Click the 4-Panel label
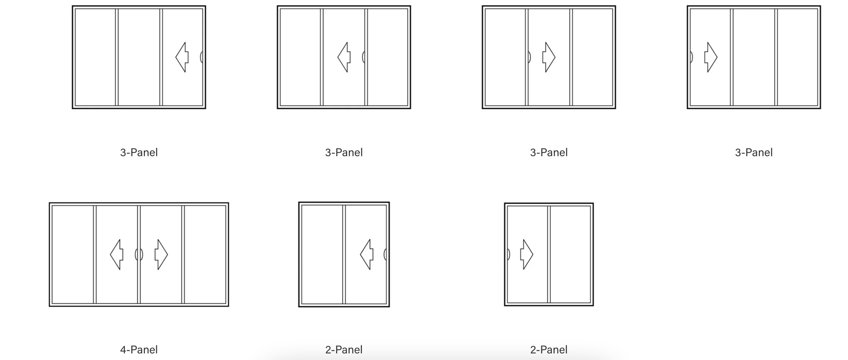(x=139, y=350)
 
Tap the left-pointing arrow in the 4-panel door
(x=117, y=254)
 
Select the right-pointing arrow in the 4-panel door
(x=161, y=254)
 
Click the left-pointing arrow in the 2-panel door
(x=367, y=254)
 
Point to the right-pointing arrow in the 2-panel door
(x=527, y=254)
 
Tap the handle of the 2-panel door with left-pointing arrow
(x=385, y=254)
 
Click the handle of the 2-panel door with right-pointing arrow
(x=508, y=254)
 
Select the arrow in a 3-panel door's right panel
(x=182, y=57)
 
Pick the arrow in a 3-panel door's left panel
(x=711, y=57)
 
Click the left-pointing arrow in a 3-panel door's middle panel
(x=344, y=57)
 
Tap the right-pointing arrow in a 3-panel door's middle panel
(x=549, y=57)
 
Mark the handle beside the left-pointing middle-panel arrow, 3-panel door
(x=363, y=57)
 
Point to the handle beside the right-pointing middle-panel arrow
(x=530, y=57)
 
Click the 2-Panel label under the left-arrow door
(x=344, y=350)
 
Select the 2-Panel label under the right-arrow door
(x=549, y=350)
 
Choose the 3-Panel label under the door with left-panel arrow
(x=753, y=152)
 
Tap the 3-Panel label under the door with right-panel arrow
(x=139, y=152)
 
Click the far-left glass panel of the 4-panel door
(x=73, y=254)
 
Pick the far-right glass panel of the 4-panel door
(x=205, y=254)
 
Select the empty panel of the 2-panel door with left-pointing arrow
(x=322, y=254)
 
